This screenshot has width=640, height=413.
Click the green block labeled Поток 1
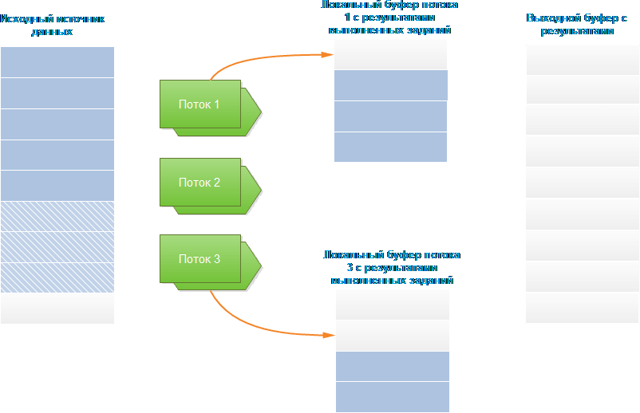(200, 104)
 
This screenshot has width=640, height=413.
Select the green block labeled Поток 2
(200, 183)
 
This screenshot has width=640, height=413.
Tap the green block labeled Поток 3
(200, 259)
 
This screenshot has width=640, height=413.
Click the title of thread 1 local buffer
(390, 18)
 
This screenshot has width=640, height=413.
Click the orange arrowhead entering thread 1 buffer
(328, 54)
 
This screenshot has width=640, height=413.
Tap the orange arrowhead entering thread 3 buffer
(330, 335)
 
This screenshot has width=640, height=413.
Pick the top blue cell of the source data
(57, 62)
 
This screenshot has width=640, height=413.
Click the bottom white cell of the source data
(57, 309)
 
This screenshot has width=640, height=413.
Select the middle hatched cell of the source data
(57, 247)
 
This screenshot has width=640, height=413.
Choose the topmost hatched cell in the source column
(57, 216)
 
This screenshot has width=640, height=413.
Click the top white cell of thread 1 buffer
(391, 54)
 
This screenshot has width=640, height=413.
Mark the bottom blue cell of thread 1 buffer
(391, 147)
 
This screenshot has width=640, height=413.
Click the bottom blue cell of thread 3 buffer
(393, 396)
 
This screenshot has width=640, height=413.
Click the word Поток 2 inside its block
(200, 183)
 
